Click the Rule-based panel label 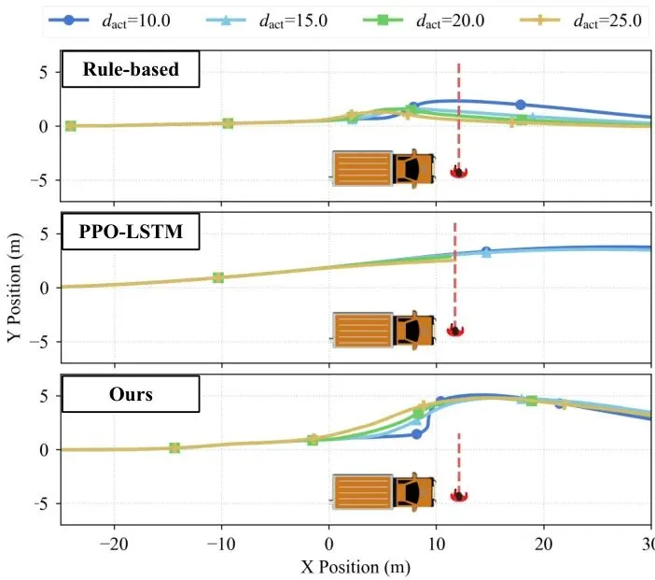[131, 70]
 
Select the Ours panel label [131, 394]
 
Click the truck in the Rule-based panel [383, 167]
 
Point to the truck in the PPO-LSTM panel [383, 330]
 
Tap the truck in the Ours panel [383, 491]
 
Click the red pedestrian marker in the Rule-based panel [458, 172]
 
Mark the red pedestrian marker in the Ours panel [458, 496]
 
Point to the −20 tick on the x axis [114, 543]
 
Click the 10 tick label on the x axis [437, 543]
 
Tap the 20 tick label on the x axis [544, 543]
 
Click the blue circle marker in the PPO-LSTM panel [485, 251]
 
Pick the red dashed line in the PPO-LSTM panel [454, 271]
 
